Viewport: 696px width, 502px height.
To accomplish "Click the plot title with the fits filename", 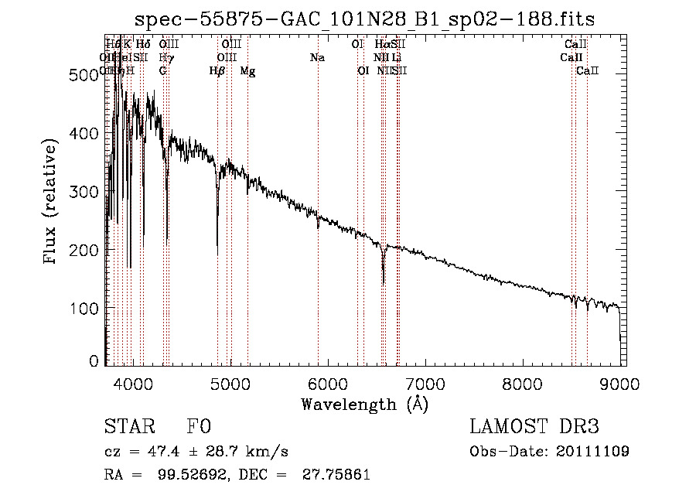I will click(363, 19).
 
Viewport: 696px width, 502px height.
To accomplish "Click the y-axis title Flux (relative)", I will click(52, 203).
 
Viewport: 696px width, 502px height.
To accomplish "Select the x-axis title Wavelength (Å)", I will click(364, 404).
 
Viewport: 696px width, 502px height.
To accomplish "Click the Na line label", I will click(317, 57).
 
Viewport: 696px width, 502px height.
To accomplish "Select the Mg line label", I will click(248, 70).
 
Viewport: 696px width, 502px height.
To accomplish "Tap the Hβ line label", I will click(217, 70).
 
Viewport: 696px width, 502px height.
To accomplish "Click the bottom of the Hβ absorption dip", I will click(217, 254).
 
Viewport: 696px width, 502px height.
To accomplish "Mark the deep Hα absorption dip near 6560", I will click(383, 282).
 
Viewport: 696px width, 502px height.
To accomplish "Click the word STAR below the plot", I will click(126, 428).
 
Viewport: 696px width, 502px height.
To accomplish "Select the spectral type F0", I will click(199, 428).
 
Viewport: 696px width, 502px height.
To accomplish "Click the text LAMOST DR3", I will click(534, 427).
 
